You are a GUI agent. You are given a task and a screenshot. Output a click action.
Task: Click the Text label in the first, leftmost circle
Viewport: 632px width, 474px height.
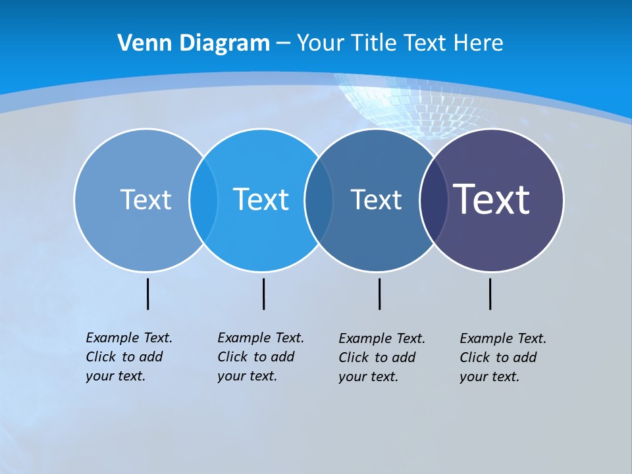coord(145,199)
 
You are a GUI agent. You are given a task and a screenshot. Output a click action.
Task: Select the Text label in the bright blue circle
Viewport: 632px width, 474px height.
coord(261,199)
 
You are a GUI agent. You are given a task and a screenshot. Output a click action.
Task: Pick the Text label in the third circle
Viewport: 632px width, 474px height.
coord(376,199)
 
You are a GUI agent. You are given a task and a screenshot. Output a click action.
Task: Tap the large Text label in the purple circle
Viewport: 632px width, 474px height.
coord(492,199)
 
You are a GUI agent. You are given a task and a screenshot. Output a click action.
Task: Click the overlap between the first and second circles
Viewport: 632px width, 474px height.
coord(203,199)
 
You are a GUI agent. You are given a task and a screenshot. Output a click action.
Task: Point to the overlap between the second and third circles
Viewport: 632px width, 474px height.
coord(319,199)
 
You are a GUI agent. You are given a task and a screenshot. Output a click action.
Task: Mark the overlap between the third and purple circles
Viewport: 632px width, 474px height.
coord(432,199)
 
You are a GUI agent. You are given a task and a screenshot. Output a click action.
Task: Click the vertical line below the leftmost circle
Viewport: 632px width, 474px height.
coord(148,294)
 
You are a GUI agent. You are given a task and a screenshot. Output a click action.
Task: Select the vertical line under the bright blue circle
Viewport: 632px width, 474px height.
coord(263,294)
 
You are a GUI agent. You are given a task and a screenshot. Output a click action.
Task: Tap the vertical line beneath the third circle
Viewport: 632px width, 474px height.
coord(379,294)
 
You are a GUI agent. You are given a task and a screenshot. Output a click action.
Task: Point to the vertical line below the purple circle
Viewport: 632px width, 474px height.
coord(490,294)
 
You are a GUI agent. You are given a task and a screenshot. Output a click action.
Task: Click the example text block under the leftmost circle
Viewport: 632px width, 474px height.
coord(129,357)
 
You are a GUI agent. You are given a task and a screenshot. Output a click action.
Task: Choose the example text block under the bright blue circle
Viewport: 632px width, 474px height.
coord(261,357)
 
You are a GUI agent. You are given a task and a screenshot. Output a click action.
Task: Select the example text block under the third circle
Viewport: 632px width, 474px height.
coord(382,357)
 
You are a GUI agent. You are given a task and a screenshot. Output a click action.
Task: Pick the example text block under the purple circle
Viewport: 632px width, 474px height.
coord(503,357)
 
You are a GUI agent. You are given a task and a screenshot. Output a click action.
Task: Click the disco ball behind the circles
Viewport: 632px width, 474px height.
coord(415,105)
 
